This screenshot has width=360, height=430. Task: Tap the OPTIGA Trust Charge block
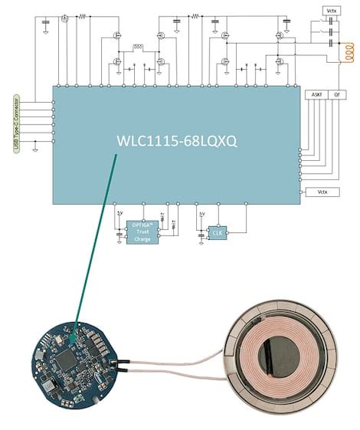click(x=142, y=232)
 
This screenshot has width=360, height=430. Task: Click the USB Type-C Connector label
click(x=16, y=123)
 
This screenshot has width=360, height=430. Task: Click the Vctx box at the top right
click(x=331, y=10)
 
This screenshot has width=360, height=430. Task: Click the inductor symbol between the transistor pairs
click(x=139, y=47)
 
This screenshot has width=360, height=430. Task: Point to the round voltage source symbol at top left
click(x=65, y=18)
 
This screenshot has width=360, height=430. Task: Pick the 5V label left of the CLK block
click(x=202, y=214)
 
